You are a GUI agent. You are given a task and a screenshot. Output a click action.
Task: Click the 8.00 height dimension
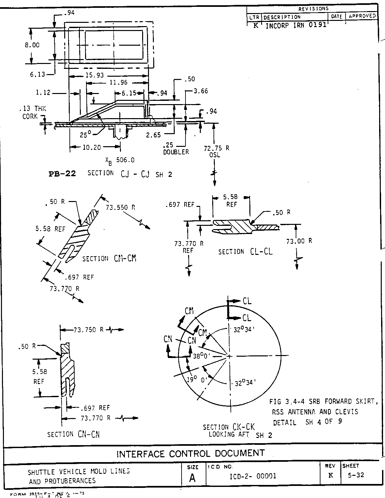(x=32, y=45)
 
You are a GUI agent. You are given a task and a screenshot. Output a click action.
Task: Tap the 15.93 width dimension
(x=95, y=75)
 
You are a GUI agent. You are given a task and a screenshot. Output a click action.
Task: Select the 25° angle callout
(x=85, y=134)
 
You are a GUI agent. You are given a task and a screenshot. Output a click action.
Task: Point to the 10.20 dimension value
(x=92, y=148)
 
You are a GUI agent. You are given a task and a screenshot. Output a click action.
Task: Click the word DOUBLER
(x=176, y=152)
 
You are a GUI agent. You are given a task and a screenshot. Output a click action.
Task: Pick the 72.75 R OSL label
(x=216, y=151)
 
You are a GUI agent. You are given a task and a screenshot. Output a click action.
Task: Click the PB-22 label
(x=62, y=174)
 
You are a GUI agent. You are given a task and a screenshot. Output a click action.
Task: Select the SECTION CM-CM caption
(x=109, y=258)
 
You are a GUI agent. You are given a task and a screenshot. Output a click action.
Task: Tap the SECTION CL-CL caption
(x=245, y=252)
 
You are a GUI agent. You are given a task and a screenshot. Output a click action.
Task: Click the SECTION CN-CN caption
(x=74, y=434)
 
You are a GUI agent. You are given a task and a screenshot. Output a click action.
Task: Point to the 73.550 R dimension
(x=121, y=207)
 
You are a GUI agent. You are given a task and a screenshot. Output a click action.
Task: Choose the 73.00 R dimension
(x=299, y=241)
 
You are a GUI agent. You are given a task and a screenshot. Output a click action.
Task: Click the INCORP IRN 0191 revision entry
(x=296, y=25)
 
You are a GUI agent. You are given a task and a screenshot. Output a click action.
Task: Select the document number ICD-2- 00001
(x=253, y=476)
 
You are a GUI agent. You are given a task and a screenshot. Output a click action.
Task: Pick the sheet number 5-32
(x=356, y=475)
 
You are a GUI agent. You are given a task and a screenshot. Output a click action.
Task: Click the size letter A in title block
(x=192, y=478)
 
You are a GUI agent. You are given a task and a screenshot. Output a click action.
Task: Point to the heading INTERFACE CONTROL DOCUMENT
(x=191, y=453)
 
